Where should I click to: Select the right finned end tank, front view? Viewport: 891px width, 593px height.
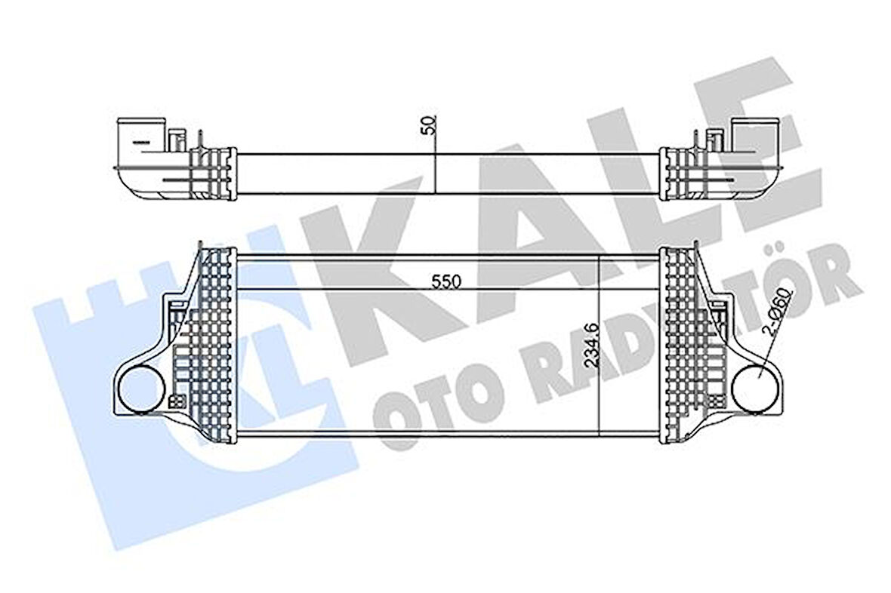[x=683, y=347]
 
